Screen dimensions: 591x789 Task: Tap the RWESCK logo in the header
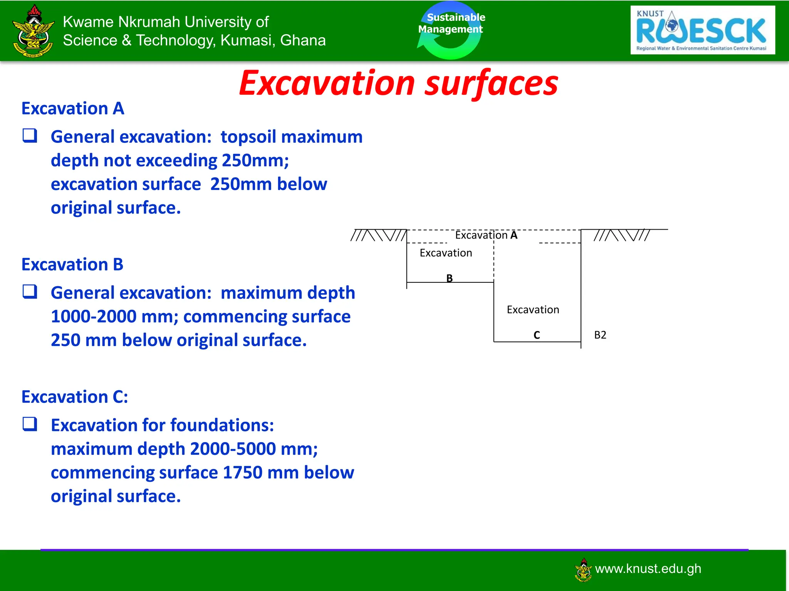click(x=702, y=30)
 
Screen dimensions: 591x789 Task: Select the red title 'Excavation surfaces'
click(x=398, y=83)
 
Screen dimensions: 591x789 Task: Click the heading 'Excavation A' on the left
click(x=73, y=109)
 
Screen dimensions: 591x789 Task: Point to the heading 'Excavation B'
click(x=72, y=265)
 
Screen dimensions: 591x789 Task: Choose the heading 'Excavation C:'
click(x=74, y=397)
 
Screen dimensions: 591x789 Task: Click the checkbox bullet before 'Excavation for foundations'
click(x=30, y=424)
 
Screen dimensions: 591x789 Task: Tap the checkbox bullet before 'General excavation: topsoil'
click(x=30, y=136)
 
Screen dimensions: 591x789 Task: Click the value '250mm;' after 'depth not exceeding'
click(x=255, y=161)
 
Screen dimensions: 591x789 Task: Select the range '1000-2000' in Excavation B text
click(x=94, y=317)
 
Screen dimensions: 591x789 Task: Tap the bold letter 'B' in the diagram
click(x=449, y=278)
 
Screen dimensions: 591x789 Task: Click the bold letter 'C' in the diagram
click(x=537, y=335)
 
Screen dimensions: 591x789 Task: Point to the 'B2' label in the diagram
click(x=600, y=335)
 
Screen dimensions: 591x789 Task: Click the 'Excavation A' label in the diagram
click(x=486, y=235)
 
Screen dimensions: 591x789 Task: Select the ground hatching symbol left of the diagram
click(x=378, y=235)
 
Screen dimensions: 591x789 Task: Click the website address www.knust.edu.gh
click(x=648, y=569)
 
